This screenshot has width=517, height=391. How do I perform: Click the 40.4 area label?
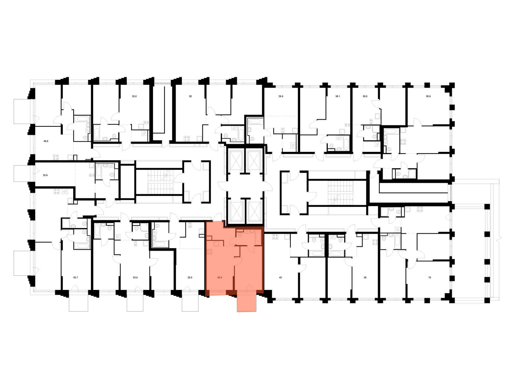(x=220, y=277)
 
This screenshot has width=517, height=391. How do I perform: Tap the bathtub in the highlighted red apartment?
(x=258, y=237)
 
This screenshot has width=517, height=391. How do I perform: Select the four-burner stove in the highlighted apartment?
(x=209, y=252)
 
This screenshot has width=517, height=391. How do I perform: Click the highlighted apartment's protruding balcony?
(x=247, y=303)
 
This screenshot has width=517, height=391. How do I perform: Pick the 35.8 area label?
(x=134, y=96)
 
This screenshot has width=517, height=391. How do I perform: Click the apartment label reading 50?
(x=190, y=96)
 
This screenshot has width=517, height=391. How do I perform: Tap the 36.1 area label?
(x=338, y=96)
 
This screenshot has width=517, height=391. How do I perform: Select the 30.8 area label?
(x=365, y=96)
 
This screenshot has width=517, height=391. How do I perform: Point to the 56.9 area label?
(x=428, y=96)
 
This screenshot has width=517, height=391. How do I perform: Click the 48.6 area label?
(x=46, y=141)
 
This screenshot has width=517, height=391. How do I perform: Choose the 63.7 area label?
(x=75, y=277)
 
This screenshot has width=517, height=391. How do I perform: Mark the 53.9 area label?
(x=135, y=277)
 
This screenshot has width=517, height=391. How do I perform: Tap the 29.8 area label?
(x=190, y=277)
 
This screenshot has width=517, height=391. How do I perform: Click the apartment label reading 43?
(x=280, y=277)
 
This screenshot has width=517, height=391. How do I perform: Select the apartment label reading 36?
(x=365, y=277)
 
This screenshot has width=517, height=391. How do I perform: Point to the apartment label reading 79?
(x=430, y=277)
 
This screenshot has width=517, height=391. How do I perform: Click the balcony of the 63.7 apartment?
(x=79, y=303)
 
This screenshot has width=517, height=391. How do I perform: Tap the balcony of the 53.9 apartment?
(x=135, y=303)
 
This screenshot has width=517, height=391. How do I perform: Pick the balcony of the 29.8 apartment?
(x=190, y=303)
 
